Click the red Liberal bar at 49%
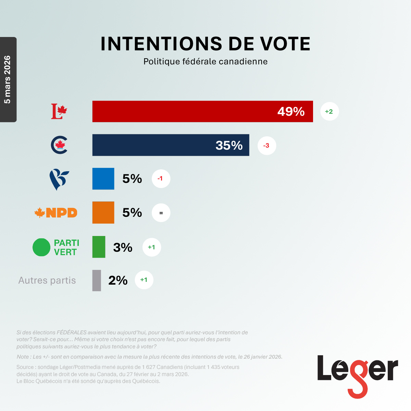click(x=202, y=111)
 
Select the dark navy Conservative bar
click(x=171, y=145)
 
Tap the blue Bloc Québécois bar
click(x=103, y=179)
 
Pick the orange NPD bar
click(x=103, y=213)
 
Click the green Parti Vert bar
click(x=99, y=247)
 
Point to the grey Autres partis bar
click(x=97, y=281)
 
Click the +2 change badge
click(x=329, y=111)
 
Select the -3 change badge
click(x=266, y=146)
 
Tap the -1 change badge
click(x=161, y=179)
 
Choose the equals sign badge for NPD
click(x=161, y=213)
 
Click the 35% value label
click(x=229, y=146)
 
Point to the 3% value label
click(x=123, y=247)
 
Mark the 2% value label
click(x=118, y=281)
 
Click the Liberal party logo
click(x=59, y=111)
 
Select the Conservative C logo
click(x=59, y=145)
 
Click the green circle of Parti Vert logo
click(x=41, y=247)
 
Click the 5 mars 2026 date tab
click(x=8, y=79)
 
